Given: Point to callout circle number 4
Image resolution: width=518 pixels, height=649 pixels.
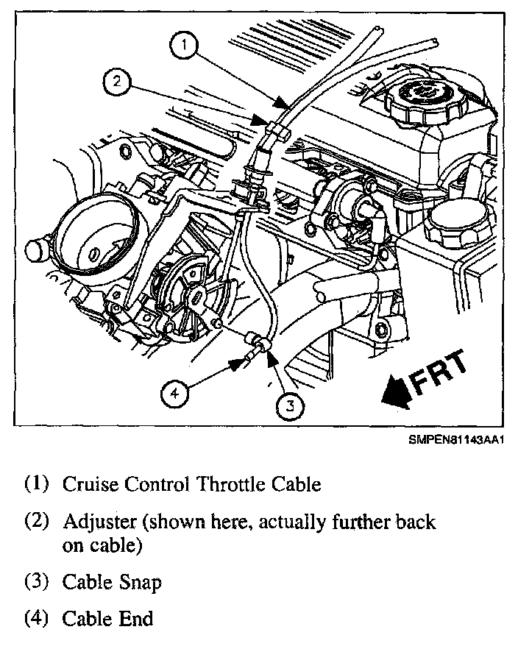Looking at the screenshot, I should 175,395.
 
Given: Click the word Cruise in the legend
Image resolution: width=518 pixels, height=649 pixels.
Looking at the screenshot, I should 89,484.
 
